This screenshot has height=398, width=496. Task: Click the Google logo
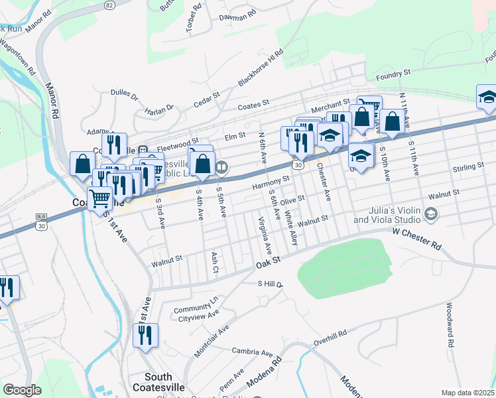point(22,390)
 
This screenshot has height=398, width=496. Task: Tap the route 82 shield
point(109,4)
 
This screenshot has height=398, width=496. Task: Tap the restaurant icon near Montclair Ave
point(145,335)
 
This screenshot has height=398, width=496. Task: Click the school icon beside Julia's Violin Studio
point(432,214)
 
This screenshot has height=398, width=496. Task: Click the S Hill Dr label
point(270,284)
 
